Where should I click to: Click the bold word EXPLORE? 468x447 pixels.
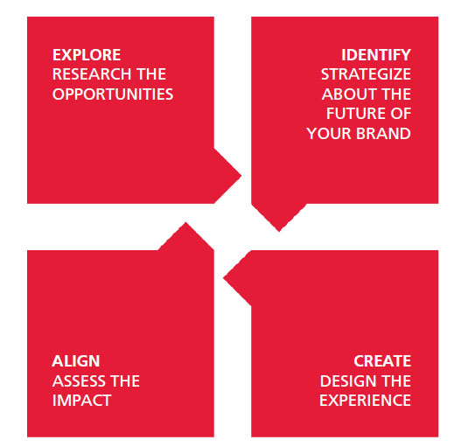coord(87,55)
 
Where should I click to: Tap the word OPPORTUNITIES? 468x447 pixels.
coord(113,94)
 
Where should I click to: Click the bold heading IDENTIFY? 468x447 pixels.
coord(376,55)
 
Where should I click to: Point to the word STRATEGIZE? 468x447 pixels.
coord(366,74)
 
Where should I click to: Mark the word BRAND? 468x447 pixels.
coord(383,133)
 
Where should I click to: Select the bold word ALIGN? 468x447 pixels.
coord(76,361)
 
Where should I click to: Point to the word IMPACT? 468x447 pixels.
coord(81,401)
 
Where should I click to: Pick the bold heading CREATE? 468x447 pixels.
coord(382,361)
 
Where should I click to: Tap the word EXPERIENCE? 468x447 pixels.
coord(365,401)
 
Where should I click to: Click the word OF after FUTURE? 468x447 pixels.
coord(401,114)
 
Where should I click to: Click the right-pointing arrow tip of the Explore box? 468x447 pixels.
coord(241,176)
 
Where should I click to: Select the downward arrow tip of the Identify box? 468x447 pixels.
coord(279,231)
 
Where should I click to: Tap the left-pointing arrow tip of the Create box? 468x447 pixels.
coord(224,278)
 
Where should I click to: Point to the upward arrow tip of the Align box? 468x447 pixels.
coord(185,222)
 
